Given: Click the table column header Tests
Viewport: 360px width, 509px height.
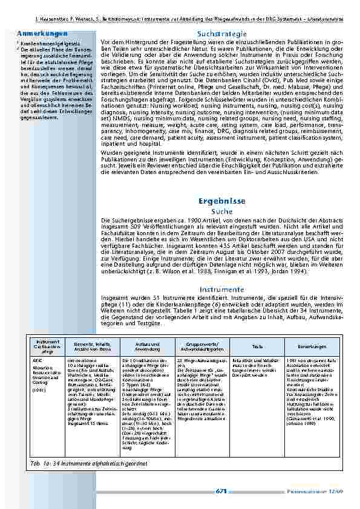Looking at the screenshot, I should pos(257,346).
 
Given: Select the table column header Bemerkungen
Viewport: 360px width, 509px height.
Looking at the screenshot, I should pos(312,346).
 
